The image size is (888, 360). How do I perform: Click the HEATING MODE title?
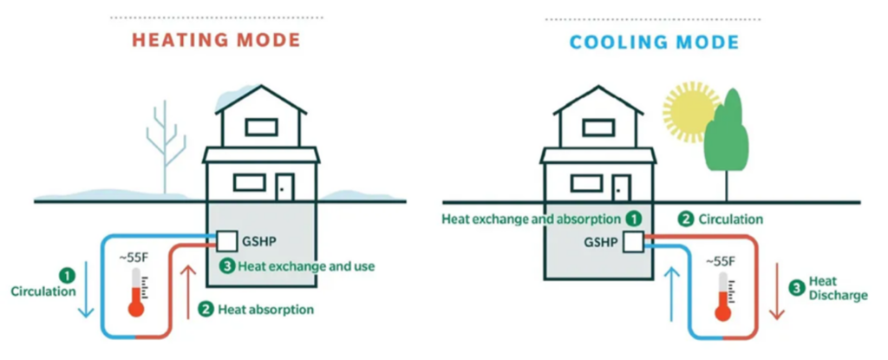pyautogui.click(x=216, y=41)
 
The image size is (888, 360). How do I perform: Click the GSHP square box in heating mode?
pyautogui.click(x=226, y=240)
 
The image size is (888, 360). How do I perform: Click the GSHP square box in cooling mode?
pyautogui.click(x=633, y=242)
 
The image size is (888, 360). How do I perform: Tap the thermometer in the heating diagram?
pyautogui.click(x=135, y=292)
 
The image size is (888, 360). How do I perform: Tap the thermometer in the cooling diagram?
pyautogui.click(x=720, y=300)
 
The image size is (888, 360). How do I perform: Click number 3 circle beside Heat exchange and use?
pyautogui.click(x=226, y=266)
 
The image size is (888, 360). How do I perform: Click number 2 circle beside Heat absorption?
pyautogui.click(x=206, y=308)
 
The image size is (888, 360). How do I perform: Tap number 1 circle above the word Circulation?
pyautogui.click(x=68, y=275)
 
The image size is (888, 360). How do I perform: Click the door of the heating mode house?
pyautogui.click(x=284, y=187)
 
